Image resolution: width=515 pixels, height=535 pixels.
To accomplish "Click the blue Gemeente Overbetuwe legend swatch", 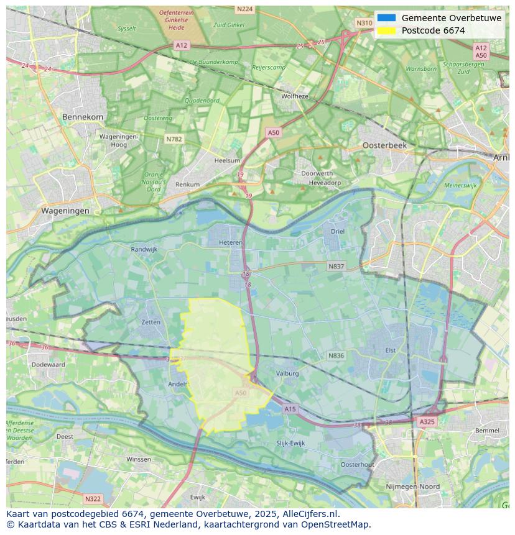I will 386,18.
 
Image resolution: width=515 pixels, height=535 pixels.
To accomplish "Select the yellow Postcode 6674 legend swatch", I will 386,30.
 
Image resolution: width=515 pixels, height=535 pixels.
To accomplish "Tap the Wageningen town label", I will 65,211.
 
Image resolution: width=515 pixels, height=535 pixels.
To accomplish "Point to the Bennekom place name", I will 83,117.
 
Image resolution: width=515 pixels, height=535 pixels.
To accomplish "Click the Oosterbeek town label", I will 384,145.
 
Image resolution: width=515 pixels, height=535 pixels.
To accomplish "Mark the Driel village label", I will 337,231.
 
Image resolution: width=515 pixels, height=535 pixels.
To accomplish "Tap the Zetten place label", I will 151,322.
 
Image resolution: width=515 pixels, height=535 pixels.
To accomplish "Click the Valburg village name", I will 287,373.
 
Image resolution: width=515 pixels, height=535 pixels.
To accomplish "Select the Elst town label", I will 390,350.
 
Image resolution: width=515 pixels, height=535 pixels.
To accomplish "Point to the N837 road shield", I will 336,266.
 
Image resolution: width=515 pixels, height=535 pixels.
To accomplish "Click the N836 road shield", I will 336,355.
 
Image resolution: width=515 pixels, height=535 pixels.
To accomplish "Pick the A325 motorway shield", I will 427,421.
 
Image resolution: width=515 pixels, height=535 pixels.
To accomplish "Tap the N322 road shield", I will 92,498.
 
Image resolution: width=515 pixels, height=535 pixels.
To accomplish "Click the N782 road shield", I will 174,139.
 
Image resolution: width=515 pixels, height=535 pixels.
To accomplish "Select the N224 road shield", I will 245,9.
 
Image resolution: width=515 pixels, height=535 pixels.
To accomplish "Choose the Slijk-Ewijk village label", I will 290,443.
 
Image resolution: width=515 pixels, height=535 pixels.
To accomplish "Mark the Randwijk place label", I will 144,249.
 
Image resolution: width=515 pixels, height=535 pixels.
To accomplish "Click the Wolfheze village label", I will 294,96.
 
